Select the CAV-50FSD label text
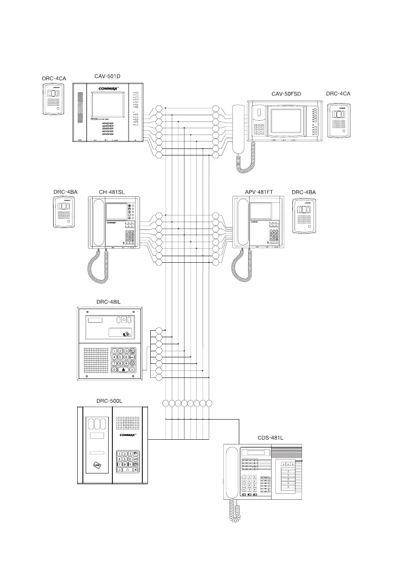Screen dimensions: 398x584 pos(286,94)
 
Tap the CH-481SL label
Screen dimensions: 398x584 pos(111,192)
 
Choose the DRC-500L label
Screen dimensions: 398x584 pos(109,401)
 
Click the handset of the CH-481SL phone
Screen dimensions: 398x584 pos(98,222)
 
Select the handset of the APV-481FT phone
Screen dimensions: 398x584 pos(243,222)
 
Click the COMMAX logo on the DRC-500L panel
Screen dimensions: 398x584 pos(131,435)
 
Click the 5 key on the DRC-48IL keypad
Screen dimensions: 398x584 pos(120,357)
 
